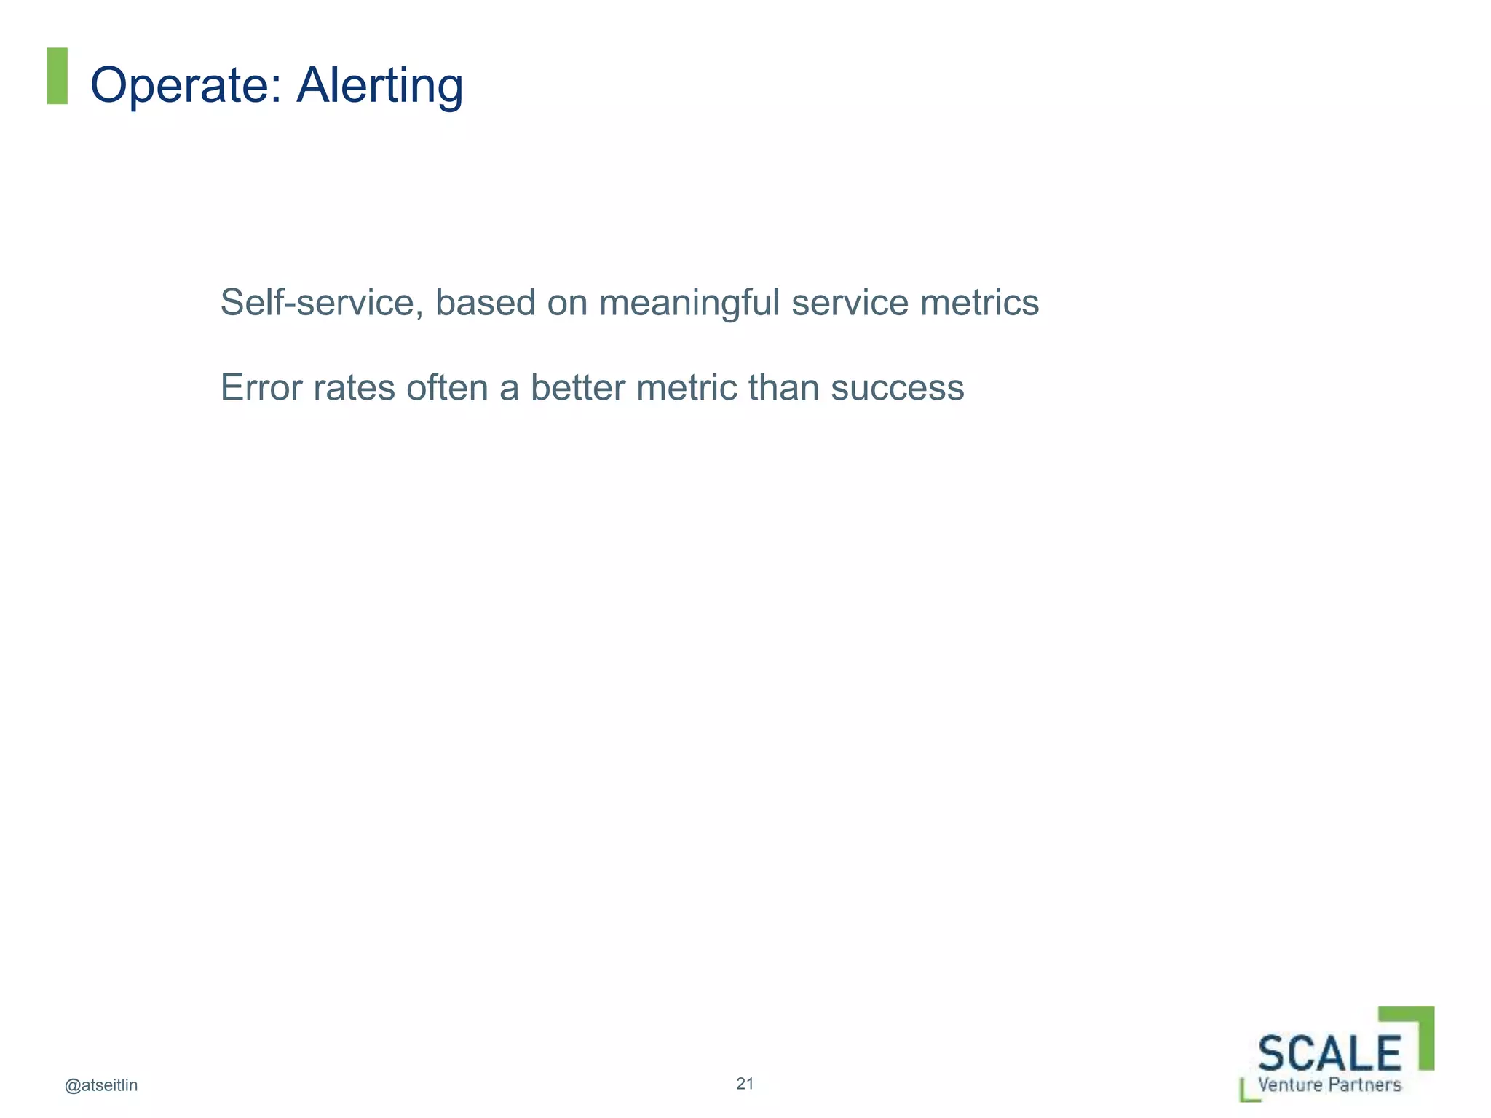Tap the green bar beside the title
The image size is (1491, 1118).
57,76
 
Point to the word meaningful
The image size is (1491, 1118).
689,302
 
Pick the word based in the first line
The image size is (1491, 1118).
486,302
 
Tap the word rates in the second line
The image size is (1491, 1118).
355,387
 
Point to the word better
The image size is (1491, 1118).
578,387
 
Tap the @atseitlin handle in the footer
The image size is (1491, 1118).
101,1085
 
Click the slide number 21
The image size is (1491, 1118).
745,1084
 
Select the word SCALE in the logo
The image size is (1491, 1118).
1329,1053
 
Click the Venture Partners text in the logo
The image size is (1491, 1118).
1329,1085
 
